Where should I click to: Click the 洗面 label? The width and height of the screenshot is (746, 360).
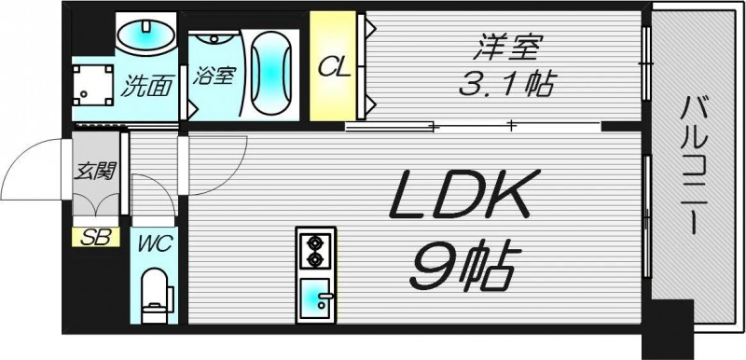(x=149, y=87)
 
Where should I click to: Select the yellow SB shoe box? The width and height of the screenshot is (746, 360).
(x=95, y=237)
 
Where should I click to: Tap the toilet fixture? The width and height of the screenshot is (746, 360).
(x=153, y=294)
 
